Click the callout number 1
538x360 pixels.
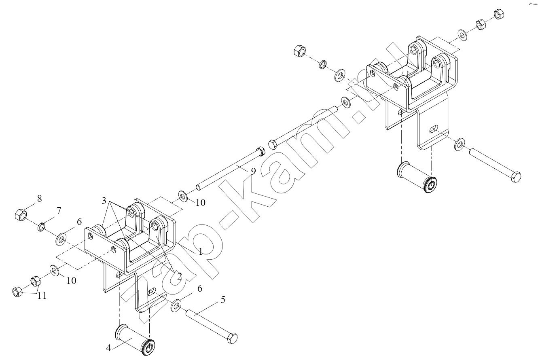tap(200, 252)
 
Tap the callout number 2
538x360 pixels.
tap(179, 276)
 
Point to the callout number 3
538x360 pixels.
tap(104, 201)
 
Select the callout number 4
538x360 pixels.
tap(108, 348)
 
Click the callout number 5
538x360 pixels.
tap(223, 300)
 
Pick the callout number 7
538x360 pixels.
tap(59, 211)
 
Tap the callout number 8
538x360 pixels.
tap(39, 199)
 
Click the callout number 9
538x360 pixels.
tap(253, 171)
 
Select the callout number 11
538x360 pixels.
tap(42, 296)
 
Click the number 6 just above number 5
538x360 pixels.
tap(200, 288)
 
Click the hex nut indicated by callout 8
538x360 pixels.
tap(21, 215)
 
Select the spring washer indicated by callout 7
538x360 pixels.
tap(42, 227)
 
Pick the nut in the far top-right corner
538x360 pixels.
tap(499, 15)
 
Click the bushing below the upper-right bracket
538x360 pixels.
tap(417, 178)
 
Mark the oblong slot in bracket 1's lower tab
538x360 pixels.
tap(152, 292)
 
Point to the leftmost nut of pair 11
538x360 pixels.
tap(17, 292)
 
